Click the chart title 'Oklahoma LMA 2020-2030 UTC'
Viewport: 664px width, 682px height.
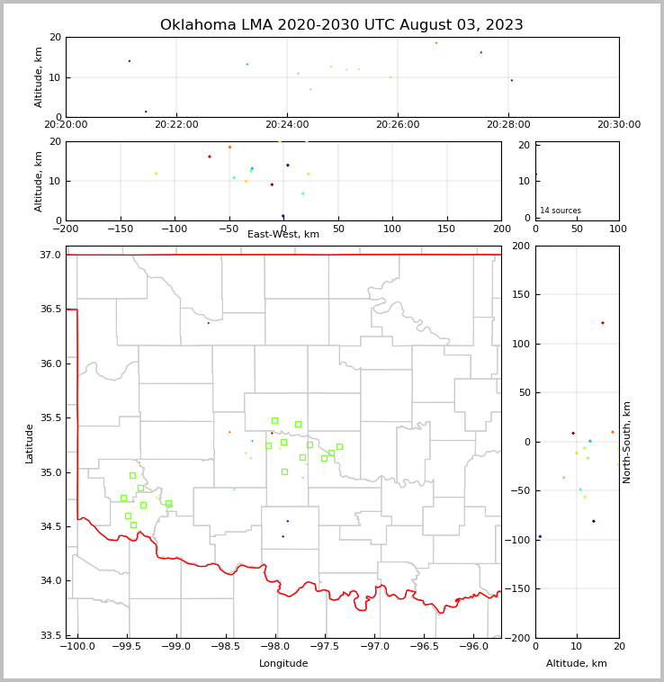tap(341, 25)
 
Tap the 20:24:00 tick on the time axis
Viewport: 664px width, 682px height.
tap(287, 124)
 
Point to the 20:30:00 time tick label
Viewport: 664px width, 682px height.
tap(618, 124)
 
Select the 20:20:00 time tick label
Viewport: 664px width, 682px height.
tap(66, 124)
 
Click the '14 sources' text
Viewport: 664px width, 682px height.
tap(561, 211)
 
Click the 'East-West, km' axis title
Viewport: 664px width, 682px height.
tap(283, 235)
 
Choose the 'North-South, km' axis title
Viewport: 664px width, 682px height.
tap(627, 442)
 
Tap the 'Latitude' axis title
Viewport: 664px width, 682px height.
tap(30, 443)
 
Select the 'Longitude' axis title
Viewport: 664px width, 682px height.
tap(283, 664)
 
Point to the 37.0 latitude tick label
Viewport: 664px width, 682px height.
tap(51, 256)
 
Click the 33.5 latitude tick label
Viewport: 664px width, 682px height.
tap(51, 635)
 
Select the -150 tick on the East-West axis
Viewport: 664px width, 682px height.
tap(120, 229)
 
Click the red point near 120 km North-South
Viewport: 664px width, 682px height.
tap(603, 323)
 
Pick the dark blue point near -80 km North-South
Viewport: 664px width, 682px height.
tap(593, 521)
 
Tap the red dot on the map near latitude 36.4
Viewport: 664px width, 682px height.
tap(209, 323)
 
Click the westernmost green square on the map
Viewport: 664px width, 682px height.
tap(123, 498)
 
